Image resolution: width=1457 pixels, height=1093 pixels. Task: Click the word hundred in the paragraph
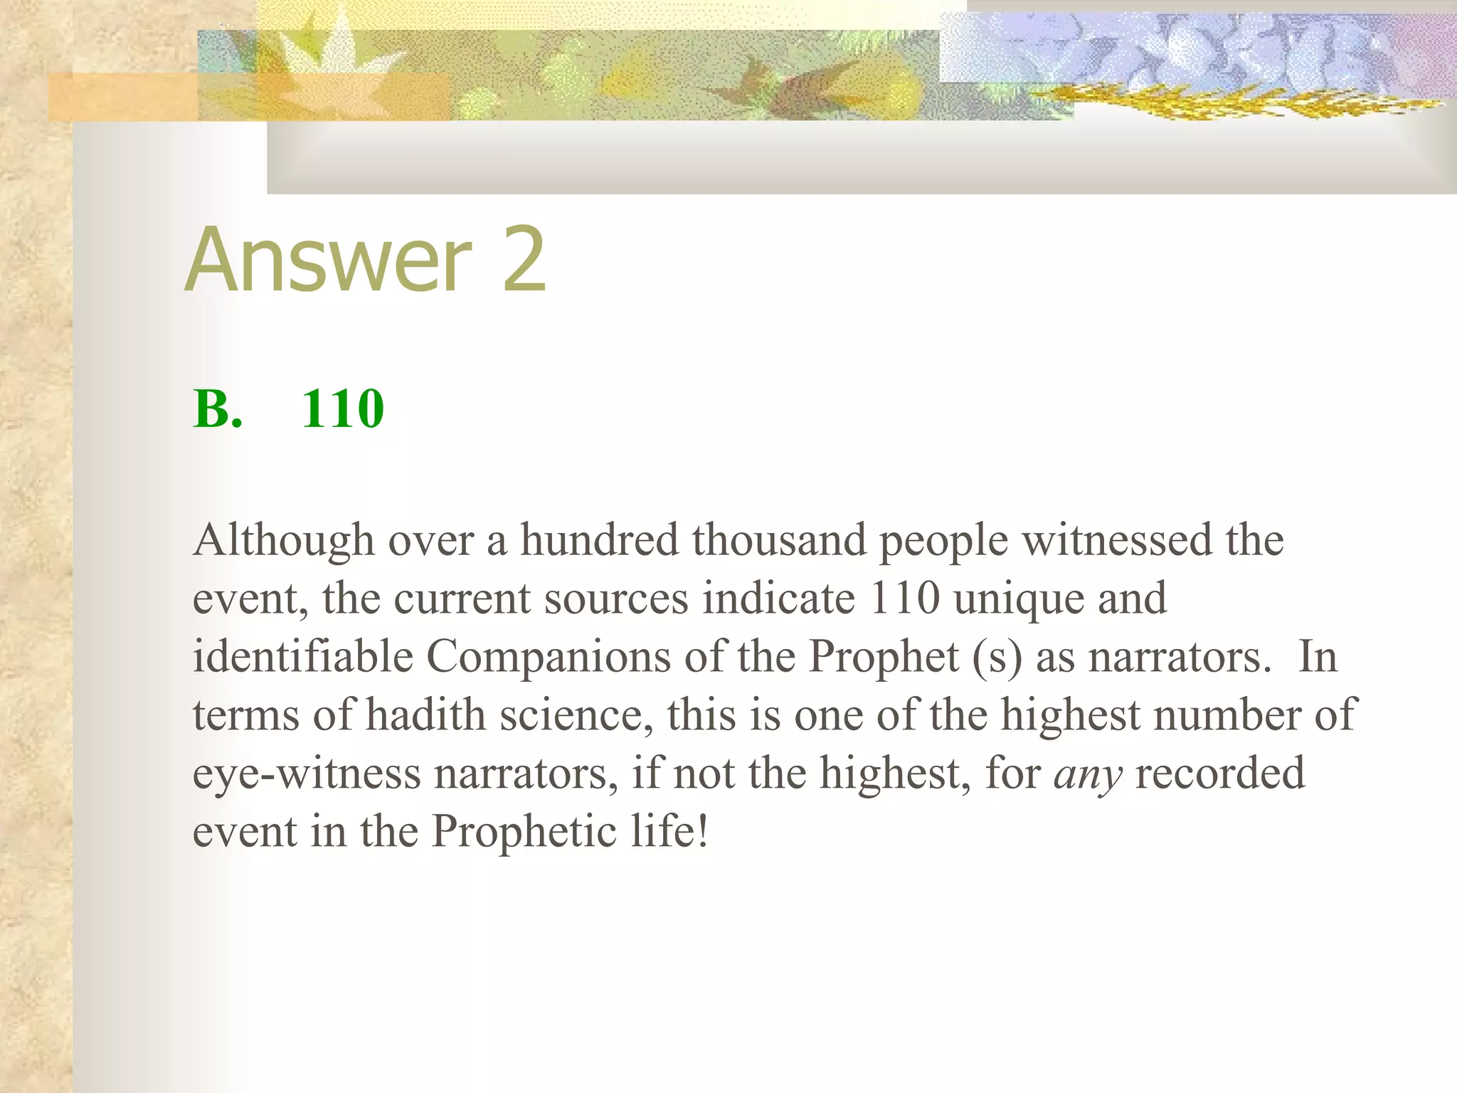600,539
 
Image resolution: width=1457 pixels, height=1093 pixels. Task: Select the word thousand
779,539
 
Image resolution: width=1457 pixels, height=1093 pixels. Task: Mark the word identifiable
303,656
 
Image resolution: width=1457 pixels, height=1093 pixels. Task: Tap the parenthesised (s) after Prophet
997,658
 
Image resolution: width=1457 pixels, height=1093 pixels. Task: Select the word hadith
425,714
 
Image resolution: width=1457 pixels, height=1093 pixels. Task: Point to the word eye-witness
307,774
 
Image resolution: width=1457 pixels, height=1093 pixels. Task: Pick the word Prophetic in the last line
524,832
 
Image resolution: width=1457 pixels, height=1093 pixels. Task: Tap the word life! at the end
669,831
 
